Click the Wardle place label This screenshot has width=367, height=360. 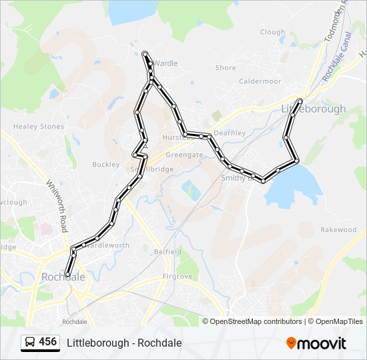(x=166, y=64)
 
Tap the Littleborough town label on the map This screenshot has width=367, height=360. (x=314, y=109)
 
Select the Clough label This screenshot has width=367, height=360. (x=272, y=32)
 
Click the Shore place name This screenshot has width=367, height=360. (x=226, y=68)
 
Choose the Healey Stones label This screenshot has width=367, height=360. (x=39, y=127)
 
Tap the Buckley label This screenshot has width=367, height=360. (x=105, y=165)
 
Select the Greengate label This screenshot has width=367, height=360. (x=184, y=155)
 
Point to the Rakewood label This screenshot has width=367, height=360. (x=338, y=230)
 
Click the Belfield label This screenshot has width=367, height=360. (x=167, y=252)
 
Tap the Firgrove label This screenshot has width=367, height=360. (x=177, y=277)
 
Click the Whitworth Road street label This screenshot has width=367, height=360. (x=57, y=206)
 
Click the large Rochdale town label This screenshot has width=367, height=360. (x=63, y=277)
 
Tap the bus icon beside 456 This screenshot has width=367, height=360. (x=29, y=343)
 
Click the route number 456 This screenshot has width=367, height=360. (x=48, y=342)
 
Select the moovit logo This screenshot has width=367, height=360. (x=316, y=343)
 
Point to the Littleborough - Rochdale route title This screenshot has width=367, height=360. (x=124, y=343)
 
